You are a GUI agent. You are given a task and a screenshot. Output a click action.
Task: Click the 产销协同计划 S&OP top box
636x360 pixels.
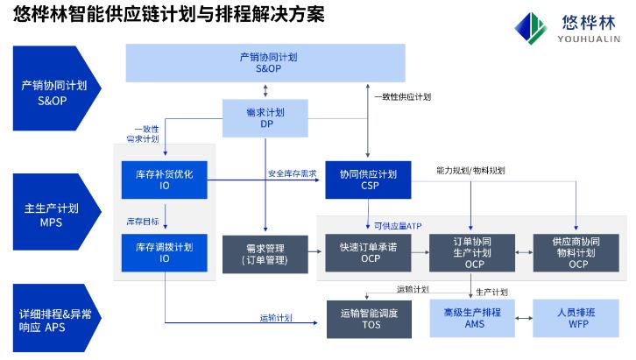[267, 61]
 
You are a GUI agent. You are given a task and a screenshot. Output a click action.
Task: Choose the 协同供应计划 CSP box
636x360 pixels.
[368, 180]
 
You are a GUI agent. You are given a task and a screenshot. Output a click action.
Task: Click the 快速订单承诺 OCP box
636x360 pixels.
[368, 253]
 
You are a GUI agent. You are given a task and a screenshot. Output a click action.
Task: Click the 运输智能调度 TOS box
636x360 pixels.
[368, 318]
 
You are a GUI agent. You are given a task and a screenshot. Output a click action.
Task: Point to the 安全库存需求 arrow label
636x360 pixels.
[293, 173]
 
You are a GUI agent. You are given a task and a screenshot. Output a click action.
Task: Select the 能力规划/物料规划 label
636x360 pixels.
[470, 169]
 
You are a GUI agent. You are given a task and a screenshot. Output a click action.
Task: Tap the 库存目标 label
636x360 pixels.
[142, 221]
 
